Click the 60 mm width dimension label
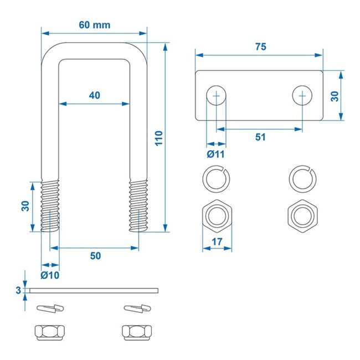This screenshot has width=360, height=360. coord(94,24)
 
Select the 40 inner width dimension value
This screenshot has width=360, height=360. coord(94,95)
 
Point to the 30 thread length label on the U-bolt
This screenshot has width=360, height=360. coord(24,206)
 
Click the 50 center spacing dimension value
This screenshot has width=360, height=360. coord(95,255)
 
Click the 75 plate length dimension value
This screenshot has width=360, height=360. coord(260,47)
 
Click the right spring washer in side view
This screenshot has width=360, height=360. coord(137,307)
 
